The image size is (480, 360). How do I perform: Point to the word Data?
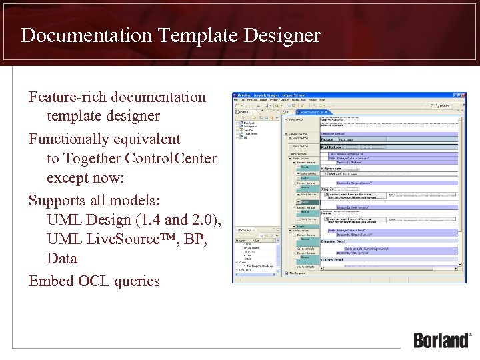[x=62, y=259]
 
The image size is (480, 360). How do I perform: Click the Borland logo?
[x=442, y=339]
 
